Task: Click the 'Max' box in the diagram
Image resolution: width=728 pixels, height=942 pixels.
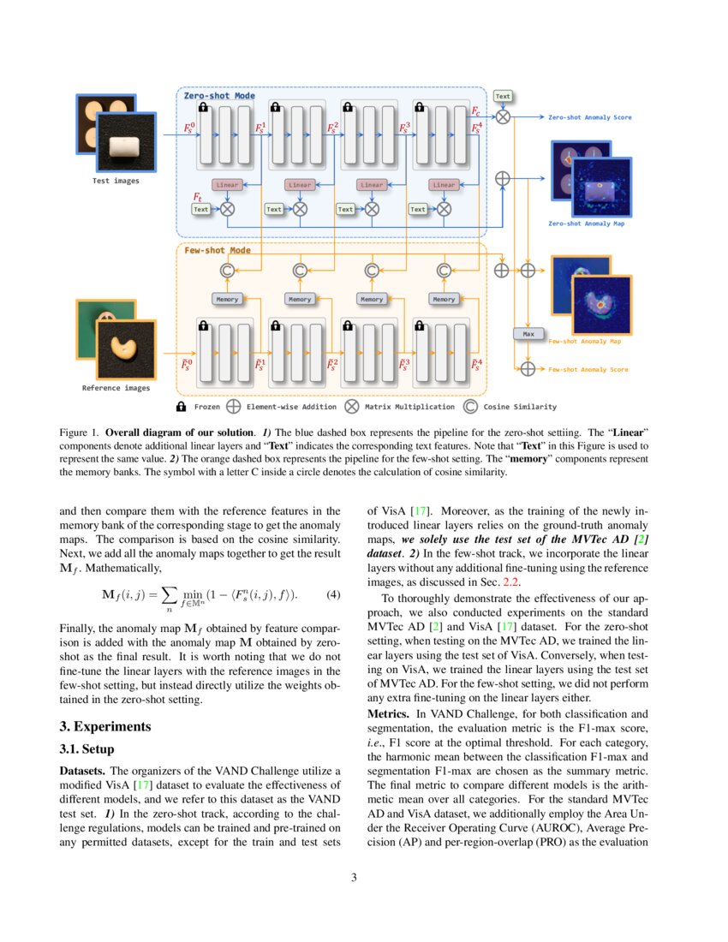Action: click(528, 333)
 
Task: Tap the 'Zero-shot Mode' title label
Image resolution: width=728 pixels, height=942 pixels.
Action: click(219, 96)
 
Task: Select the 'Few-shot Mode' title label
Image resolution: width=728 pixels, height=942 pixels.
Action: click(218, 250)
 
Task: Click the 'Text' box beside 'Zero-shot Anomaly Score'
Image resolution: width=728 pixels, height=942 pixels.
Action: click(503, 97)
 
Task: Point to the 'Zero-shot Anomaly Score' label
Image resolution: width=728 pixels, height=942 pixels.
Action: click(590, 117)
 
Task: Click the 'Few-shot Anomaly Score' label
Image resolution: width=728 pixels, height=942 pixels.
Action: click(588, 370)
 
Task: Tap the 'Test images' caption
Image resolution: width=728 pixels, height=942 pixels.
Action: click(116, 181)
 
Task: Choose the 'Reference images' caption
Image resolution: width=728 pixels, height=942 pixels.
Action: click(116, 388)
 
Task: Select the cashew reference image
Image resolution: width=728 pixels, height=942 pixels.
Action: click(126, 349)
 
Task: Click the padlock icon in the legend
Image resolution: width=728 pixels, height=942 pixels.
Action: click(182, 408)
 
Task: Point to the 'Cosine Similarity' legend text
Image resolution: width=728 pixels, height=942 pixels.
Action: click(520, 408)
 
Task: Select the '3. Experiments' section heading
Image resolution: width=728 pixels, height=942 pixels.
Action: click(105, 726)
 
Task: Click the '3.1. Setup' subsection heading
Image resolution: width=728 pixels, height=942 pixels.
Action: click(87, 749)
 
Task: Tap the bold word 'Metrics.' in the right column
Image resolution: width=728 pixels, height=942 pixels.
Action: click(390, 713)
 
